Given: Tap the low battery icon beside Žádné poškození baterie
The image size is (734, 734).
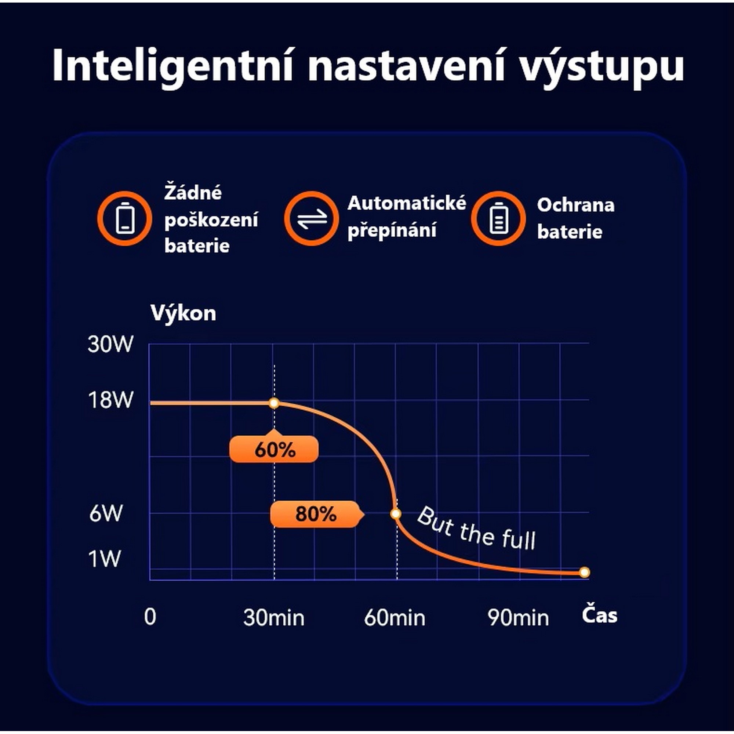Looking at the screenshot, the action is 125,218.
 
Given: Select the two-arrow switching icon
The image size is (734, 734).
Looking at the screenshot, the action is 312,218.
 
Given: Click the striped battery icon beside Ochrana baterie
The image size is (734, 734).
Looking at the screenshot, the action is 498,218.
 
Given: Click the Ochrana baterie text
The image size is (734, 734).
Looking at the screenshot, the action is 575,218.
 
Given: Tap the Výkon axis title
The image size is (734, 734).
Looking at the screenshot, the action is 183,313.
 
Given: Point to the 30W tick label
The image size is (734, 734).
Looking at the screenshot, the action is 110,345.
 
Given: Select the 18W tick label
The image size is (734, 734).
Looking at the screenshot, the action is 110,400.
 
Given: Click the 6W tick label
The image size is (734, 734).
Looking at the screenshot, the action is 106,513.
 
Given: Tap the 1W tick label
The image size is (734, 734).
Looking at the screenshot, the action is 105,559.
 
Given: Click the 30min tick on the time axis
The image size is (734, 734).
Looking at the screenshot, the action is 274,618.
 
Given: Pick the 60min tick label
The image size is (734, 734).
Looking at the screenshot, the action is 395,618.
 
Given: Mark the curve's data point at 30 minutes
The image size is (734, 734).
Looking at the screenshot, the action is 274,403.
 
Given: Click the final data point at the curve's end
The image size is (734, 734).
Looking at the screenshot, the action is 585,572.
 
